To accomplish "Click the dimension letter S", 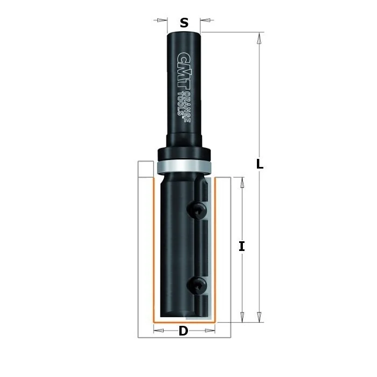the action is tap(184, 23).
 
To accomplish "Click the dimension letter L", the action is tap(260, 164).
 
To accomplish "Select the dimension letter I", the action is tap(242, 247).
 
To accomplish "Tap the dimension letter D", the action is tap(183, 331).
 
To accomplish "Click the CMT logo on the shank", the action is tap(184, 71).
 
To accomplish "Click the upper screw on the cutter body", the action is tap(197, 211).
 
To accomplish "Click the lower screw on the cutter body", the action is tap(197, 285).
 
